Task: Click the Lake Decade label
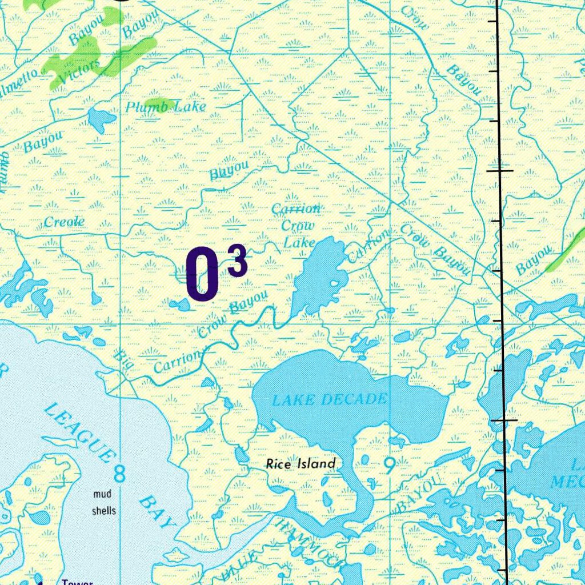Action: click(330, 399)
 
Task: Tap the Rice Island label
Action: click(300, 464)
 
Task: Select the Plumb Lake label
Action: click(166, 107)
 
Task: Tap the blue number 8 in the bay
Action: click(120, 473)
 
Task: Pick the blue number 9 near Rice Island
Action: click(389, 467)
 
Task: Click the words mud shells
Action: click(104, 502)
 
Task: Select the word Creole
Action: click(65, 222)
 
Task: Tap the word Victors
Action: click(79, 72)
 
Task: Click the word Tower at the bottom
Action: click(77, 582)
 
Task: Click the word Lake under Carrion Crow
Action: click(300, 243)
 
